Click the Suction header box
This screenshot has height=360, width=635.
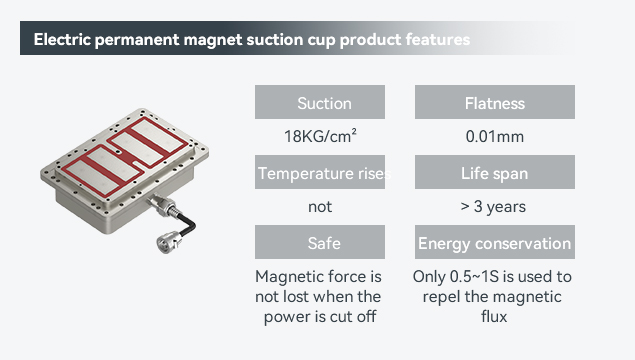click(x=320, y=102)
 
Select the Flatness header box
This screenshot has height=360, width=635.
click(x=495, y=102)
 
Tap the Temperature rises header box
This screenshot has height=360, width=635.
click(x=320, y=172)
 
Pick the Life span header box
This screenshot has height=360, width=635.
click(x=495, y=172)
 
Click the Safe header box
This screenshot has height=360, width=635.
click(x=320, y=242)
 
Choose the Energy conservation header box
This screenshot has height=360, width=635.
click(x=495, y=242)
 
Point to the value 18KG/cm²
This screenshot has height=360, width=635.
click(x=320, y=136)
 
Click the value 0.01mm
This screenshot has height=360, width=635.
click(x=495, y=136)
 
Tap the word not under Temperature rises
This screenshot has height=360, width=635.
click(x=320, y=207)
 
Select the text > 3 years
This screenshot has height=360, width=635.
click(x=493, y=207)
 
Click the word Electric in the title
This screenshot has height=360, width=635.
click(x=62, y=40)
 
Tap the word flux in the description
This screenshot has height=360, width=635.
click(x=494, y=316)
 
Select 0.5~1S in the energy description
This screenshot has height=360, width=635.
click(x=474, y=277)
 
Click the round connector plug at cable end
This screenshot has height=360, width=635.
click(x=168, y=242)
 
